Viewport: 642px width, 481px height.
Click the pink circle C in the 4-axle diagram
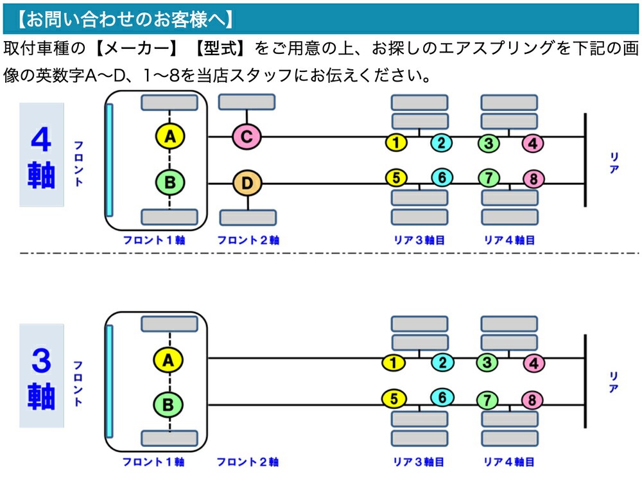(247, 136)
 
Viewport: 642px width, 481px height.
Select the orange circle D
(247, 184)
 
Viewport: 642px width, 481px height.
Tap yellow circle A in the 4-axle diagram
(169, 136)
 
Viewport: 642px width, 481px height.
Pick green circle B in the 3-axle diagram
(168, 405)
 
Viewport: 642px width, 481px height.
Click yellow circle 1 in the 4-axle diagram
(397, 143)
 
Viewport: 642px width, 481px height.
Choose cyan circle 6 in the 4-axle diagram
(441, 177)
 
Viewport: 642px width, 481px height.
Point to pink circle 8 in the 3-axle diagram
(532, 401)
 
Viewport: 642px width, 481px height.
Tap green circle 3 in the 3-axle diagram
(487, 363)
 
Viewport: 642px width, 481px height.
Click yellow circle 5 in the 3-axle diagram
(394, 399)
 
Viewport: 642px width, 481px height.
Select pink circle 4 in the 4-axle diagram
(533, 143)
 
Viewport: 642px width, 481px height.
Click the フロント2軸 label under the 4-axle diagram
(248, 241)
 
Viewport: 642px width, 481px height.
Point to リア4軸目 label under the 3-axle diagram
(509, 462)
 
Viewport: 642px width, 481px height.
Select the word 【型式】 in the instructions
(221, 49)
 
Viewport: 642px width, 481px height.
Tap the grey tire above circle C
(247, 102)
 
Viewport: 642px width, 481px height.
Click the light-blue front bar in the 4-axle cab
(110, 160)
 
